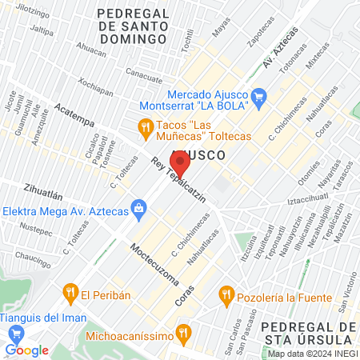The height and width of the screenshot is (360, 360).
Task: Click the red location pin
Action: [x=179, y=165]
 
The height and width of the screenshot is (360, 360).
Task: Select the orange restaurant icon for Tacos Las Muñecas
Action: [x=145, y=126]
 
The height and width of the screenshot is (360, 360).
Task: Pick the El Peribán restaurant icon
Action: [x=70, y=293]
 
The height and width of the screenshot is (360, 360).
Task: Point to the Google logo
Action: [x=26, y=350]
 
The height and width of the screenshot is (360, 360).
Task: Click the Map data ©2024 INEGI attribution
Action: [x=311, y=353]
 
